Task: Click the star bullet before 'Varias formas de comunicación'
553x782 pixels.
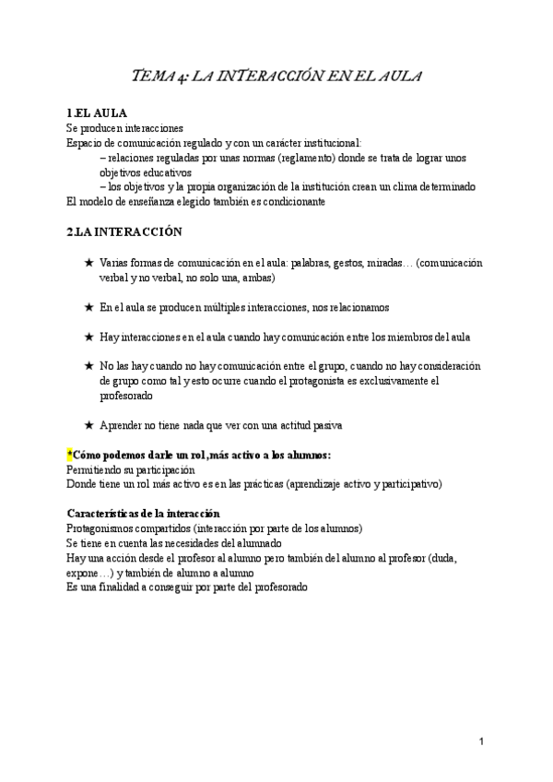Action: [88, 263]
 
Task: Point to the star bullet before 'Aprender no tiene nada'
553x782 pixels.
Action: [88, 425]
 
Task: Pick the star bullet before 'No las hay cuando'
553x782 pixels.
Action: [88, 366]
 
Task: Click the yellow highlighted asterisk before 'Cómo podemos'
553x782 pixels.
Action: [69, 456]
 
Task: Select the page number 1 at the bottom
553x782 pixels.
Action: [482, 741]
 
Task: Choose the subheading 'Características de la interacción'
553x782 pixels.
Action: [143, 513]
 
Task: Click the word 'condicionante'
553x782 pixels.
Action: [289, 201]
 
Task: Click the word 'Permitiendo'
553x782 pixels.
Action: [97, 469]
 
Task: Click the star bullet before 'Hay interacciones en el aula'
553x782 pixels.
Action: [88, 337]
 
